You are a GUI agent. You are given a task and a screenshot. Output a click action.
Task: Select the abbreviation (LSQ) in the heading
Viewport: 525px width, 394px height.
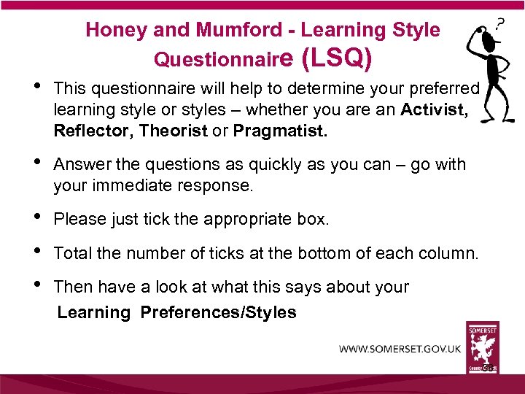[337, 57]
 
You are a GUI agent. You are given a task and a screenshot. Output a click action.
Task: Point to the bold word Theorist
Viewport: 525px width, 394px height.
[173, 131]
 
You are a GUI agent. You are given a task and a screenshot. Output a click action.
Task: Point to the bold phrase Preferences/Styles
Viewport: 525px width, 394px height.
[218, 313]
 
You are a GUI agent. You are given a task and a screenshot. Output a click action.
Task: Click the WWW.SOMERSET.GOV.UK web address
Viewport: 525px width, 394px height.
[400, 349]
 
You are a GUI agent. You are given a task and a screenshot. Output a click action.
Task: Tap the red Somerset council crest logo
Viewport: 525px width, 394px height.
[482, 347]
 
